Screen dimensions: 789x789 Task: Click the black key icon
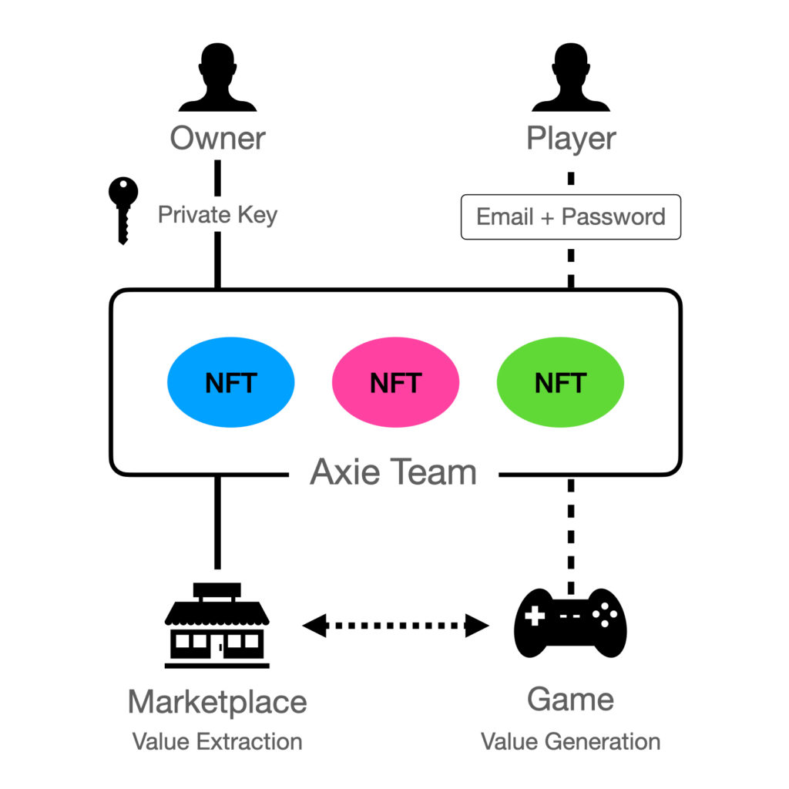[x=123, y=208]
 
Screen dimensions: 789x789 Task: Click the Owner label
[x=217, y=139]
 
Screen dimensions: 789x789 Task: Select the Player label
[x=571, y=139]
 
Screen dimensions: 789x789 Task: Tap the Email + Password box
[x=571, y=217]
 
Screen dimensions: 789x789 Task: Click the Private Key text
[x=217, y=214]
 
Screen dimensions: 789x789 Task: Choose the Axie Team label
[x=394, y=472]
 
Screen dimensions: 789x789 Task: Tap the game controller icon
[x=570, y=623]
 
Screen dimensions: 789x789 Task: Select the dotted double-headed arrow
[x=396, y=625]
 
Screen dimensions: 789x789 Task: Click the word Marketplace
[x=217, y=702]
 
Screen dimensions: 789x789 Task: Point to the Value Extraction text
[x=217, y=741]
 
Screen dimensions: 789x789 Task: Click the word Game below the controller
[x=571, y=700]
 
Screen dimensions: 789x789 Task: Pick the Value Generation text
[x=571, y=741]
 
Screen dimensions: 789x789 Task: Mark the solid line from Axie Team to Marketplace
[x=217, y=524]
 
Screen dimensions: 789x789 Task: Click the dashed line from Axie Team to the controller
[x=571, y=532]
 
